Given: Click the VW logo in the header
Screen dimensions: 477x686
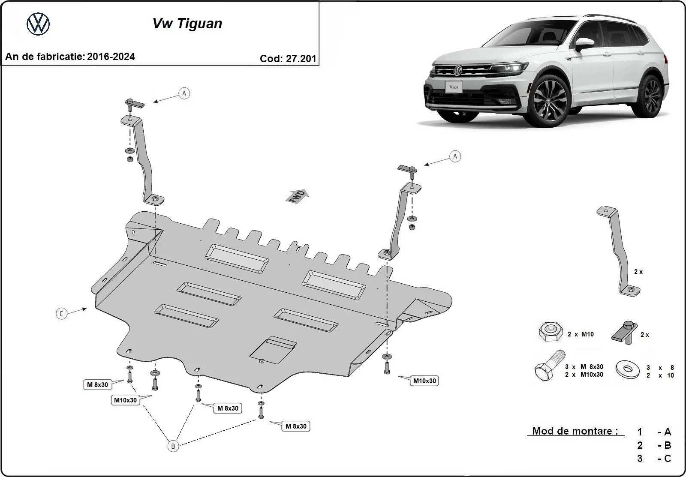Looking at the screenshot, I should coord(38,24).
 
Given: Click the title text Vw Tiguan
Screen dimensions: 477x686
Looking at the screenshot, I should coord(187,23).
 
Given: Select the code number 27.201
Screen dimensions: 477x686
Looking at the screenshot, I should coord(301,59).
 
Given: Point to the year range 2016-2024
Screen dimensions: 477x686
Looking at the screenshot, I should coord(111,57).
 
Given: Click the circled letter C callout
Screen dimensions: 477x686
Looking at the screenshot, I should coord(61,314).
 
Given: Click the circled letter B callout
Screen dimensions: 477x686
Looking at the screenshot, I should coord(173,446).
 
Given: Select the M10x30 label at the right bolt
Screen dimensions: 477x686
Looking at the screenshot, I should coord(424,381).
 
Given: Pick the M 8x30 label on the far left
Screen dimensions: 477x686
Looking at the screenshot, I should coord(97,385).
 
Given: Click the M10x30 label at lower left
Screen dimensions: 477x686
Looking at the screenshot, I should coord(125,400).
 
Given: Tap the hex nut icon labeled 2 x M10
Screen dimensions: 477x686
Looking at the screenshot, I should coord(550,333).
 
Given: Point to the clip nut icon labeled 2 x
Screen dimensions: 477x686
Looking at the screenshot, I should coord(624,333).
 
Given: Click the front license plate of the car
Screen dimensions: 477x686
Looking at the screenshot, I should coord(454,87).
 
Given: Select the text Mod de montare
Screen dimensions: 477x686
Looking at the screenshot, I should coord(575,431).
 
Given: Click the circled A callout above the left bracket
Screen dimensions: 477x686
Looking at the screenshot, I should coord(184,93).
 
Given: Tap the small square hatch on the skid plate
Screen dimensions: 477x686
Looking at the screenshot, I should coord(273,349).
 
